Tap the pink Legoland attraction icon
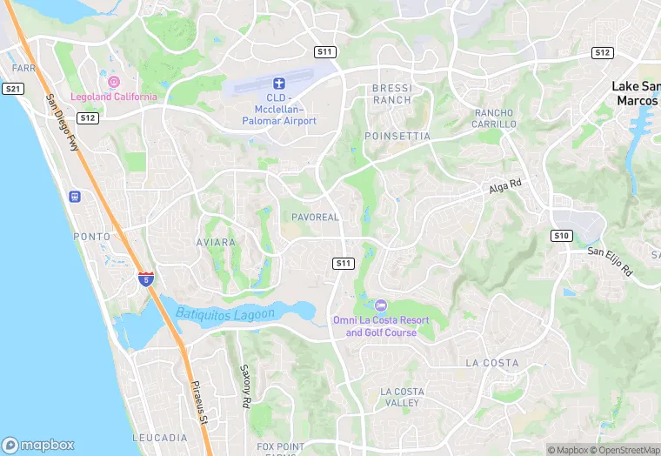pyautogui.click(x=114, y=82)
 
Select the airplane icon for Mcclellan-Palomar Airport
pyautogui.click(x=279, y=84)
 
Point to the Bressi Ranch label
pyautogui.click(x=391, y=94)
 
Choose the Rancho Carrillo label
pyautogui.click(x=495, y=119)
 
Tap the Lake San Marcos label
pyautogui.click(x=636, y=93)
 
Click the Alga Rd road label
pyautogui.click(x=504, y=186)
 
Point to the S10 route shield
pyautogui.click(x=561, y=236)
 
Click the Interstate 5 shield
pyautogui.click(x=146, y=278)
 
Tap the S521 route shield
pyautogui.click(x=13, y=89)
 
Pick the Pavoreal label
pyautogui.click(x=315, y=217)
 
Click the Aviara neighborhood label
pyautogui.click(x=216, y=243)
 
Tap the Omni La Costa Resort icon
pyautogui.click(x=380, y=305)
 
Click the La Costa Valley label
pyautogui.click(x=402, y=397)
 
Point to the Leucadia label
pyautogui.click(x=159, y=438)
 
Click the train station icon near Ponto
pyautogui.click(x=75, y=197)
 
